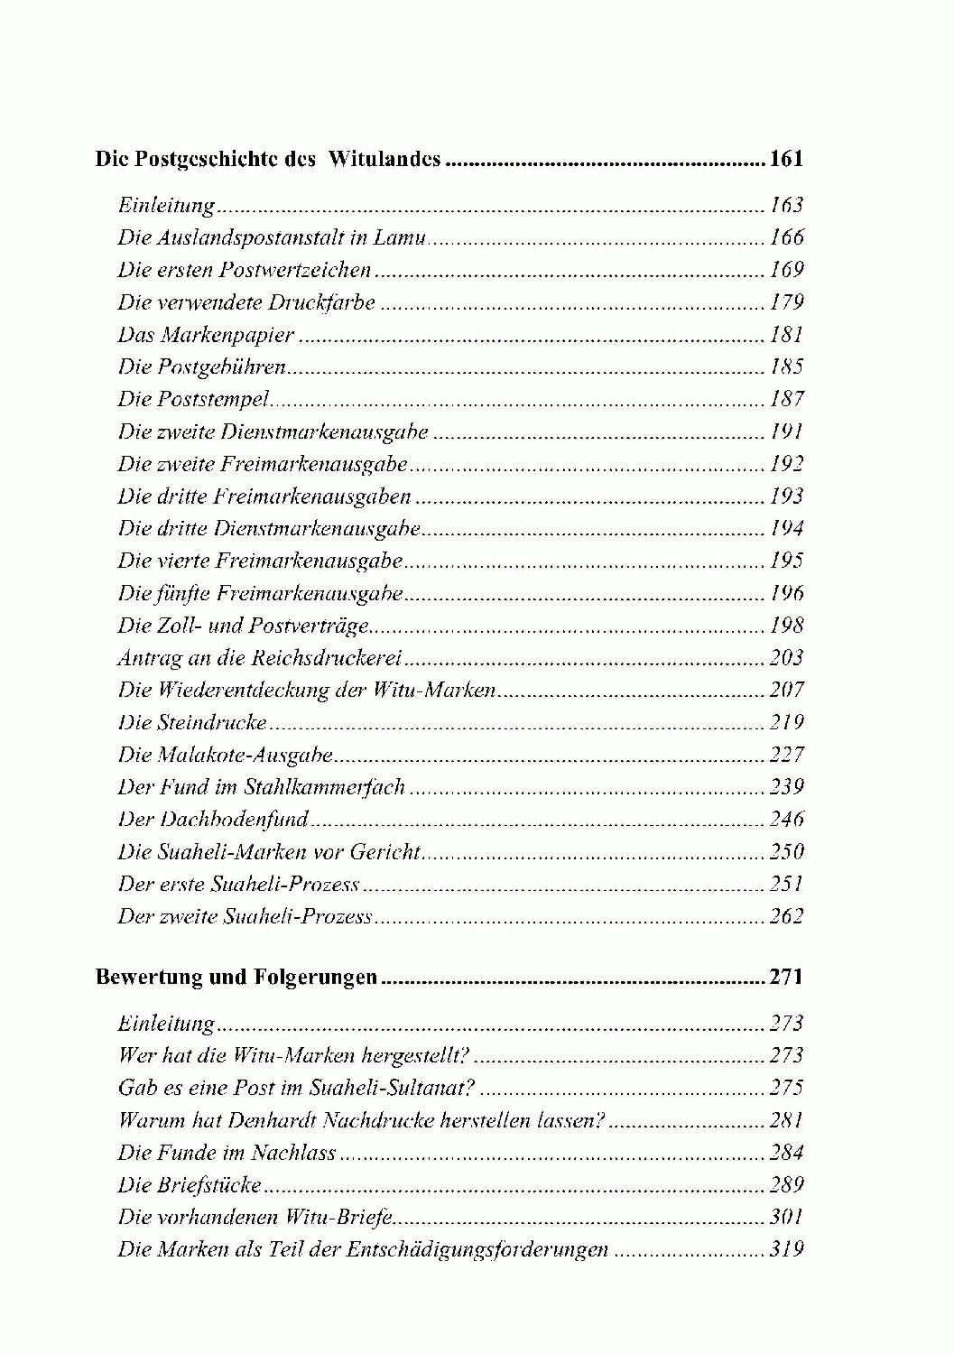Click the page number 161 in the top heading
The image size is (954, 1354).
pyautogui.click(x=785, y=161)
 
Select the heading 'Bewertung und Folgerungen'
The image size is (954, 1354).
pyautogui.click(x=236, y=978)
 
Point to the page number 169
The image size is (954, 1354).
pyautogui.click(x=786, y=270)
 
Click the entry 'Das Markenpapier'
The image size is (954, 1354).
pyautogui.click(x=206, y=335)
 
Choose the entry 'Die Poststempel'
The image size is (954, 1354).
pyautogui.click(x=194, y=399)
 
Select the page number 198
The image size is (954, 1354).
pyautogui.click(x=786, y=626)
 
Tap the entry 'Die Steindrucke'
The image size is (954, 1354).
pyautogui.click(x=192, y=723)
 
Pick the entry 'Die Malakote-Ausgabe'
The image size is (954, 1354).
pyautogui.click(x=226, y=755)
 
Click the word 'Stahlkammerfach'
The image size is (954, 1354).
pyautogui.click(x=325, y=787)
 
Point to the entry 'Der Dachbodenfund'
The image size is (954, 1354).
pyautogui.click(x=214, y=820)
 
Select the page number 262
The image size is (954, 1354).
pyautogui.click(x=786, y=917)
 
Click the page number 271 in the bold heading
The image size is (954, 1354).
pyautogui.click(x=785, y=978)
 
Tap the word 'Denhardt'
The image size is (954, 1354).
pyautogui.click(x=274, y=1120)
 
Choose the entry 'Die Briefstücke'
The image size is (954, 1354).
pyautogui.click(x=190, y=1185)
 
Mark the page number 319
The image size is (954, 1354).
pyautogui.click(x=786, y=1250)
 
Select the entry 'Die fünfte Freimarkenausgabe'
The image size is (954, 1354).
pyautogui.click(x=260, y=593)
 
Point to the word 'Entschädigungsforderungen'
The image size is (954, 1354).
pyautogui.click(x=486, y=1250)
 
